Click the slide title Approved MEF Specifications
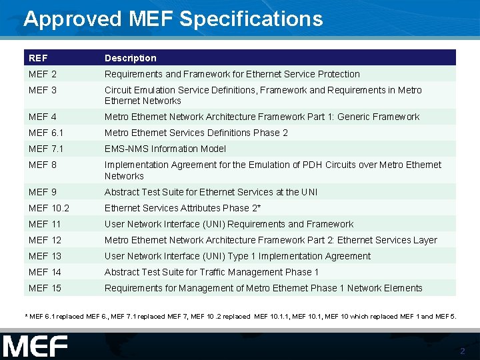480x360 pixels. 173,19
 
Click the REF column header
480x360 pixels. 39,58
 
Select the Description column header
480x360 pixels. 130,58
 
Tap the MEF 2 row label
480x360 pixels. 43,74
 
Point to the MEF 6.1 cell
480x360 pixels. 47,133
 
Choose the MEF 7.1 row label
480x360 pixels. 47,149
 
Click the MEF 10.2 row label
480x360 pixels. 49,208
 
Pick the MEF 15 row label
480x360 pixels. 45,288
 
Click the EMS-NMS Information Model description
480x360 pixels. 165,149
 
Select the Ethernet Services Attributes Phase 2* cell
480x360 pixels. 182,208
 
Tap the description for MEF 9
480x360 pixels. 211,192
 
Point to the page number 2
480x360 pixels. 463,351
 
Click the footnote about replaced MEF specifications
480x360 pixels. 240,316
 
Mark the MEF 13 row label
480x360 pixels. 45,256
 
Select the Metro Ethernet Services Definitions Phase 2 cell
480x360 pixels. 196,133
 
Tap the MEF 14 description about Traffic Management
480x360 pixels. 211,272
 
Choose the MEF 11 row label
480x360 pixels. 45,224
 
